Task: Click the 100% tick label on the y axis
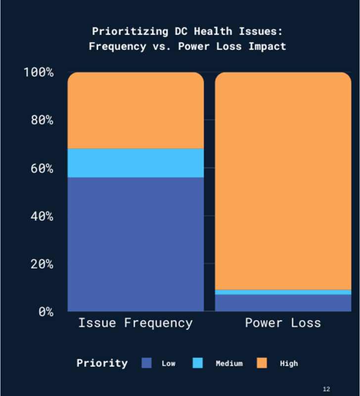pos(38,72)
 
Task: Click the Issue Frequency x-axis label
pos(135,323)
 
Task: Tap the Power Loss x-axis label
pos(283,323)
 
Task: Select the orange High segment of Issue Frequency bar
pos(135,111)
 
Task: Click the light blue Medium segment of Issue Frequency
pos(135,163)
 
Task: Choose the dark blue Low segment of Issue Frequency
pos(135,244)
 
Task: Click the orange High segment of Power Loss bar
pos(283,181)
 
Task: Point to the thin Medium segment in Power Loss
pos(283,292)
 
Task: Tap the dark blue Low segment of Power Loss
pos(283,303)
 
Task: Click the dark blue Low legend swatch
pos(147,363)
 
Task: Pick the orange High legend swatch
pos(262,363)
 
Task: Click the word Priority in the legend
pos(102,363)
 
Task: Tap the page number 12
pos(326,389)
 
